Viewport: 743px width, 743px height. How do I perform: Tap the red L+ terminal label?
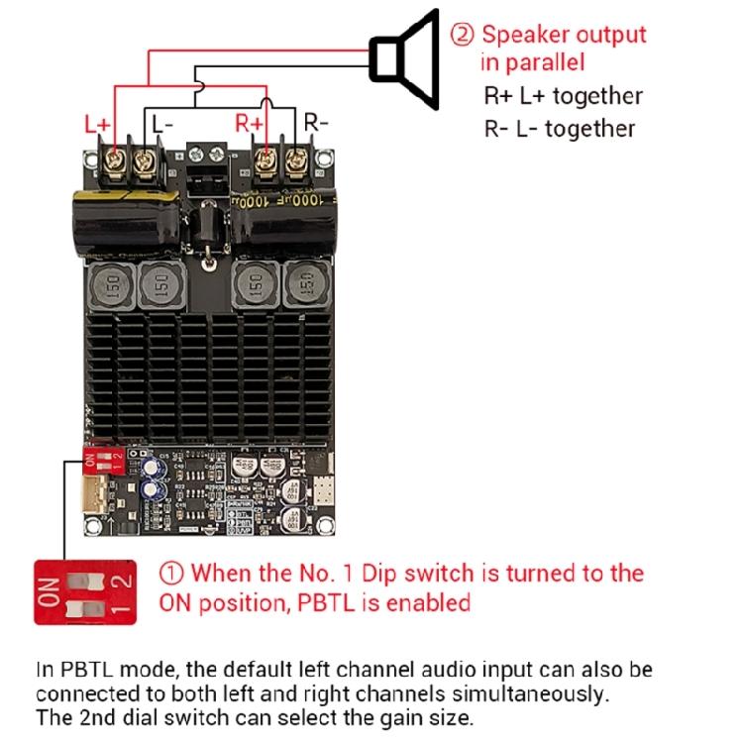98,125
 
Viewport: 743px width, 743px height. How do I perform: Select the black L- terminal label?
162,125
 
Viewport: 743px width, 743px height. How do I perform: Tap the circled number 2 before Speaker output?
463,35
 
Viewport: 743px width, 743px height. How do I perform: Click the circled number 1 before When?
171,573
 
